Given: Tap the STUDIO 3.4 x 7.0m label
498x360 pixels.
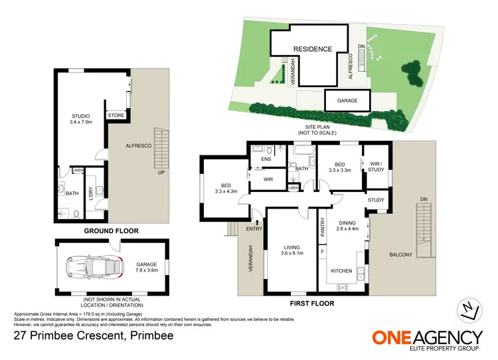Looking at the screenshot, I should tap(82, 120).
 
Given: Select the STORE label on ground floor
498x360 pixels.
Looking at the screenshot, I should tap(116, 116).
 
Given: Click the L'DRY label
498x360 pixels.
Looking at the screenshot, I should tap(90, 193).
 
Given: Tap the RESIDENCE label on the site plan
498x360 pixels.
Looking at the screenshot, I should tap(313, 48).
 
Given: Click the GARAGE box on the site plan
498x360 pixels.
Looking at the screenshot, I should tap(347, 101).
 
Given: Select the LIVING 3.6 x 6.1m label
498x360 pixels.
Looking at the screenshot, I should tap(291, 250).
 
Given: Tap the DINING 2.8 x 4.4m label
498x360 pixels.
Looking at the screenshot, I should tap(347, 226).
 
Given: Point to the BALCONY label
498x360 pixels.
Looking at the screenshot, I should tap(400, 254).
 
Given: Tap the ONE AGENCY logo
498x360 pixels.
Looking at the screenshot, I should tap(427, 339).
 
